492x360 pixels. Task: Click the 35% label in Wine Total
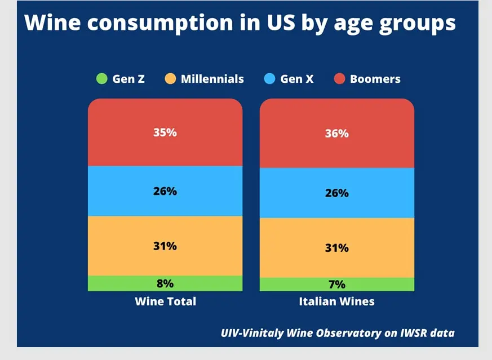(165, 132)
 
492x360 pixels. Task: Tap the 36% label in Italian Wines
(337, 134)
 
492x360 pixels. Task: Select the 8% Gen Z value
(165, 283)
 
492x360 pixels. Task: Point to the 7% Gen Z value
(337, 285)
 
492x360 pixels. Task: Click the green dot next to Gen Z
(101, 79)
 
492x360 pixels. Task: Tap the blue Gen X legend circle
(269, 79)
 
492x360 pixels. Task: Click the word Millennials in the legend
(212, 79)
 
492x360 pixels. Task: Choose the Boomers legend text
(375, 79)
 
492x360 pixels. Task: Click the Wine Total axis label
(165, 301)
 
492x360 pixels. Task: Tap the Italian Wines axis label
(336, 301)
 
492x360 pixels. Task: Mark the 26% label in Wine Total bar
(165, 191)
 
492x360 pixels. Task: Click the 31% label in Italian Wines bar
(337, 248)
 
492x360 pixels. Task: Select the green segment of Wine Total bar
(113, 283)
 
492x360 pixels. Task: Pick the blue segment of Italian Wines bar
(293, 193)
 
